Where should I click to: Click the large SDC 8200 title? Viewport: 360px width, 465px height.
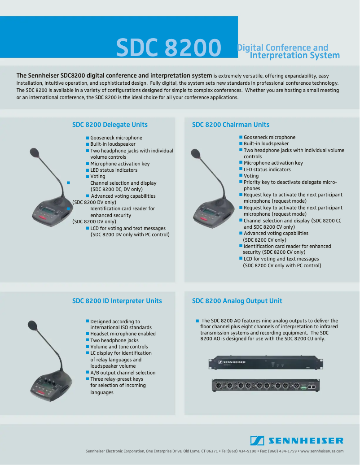coord(168,48)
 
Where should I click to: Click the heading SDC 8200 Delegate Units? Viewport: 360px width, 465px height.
coord(110,125)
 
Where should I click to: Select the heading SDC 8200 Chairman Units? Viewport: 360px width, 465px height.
coord(231,125)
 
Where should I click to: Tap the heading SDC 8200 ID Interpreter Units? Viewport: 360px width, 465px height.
coord(117,301)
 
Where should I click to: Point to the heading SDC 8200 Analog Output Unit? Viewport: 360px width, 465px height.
coord(237,301)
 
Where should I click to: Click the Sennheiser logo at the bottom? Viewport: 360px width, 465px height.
coord(297,441)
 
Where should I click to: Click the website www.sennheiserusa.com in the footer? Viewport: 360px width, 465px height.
coord(322,451)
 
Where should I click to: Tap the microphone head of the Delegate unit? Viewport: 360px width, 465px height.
coord(35,153)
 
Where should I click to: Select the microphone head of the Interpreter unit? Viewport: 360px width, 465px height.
coord(32,325)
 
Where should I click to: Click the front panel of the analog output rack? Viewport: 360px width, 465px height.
coord(265,362)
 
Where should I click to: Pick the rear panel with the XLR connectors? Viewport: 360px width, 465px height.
coord(265,385)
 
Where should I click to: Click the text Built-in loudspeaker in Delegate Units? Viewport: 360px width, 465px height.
coord(113,144)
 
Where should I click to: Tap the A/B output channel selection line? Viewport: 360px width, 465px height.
coord(123,373)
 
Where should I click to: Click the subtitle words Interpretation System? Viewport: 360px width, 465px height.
coord(294,56)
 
